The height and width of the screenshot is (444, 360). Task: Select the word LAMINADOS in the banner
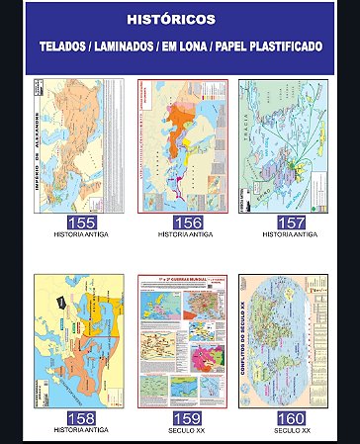pos(140,47)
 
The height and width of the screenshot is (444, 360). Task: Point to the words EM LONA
pos(211,47)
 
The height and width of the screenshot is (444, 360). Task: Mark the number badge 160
pos(292,418)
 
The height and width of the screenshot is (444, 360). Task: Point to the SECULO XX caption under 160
pos(292,430)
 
